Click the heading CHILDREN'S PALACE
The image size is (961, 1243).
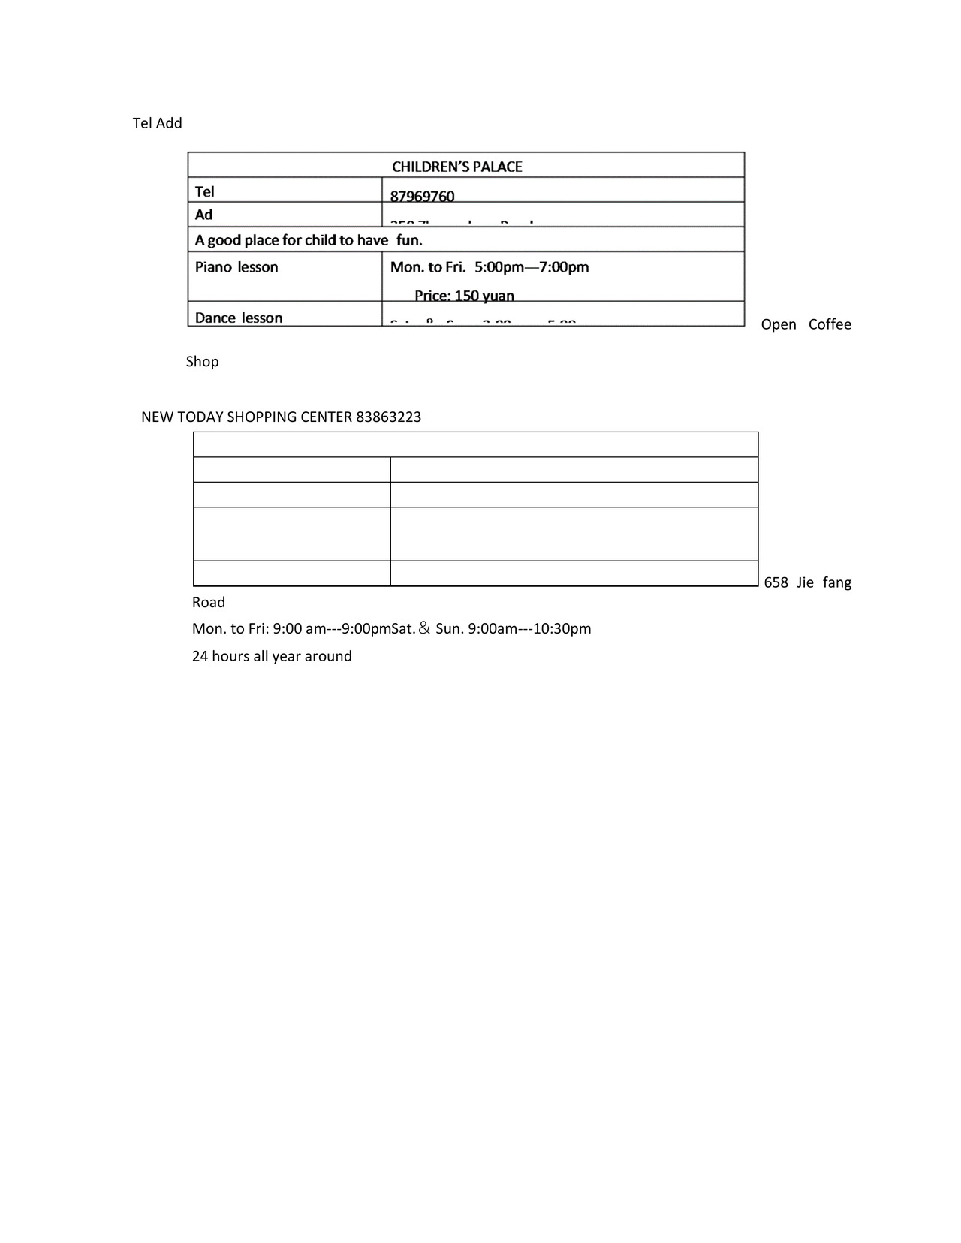456,167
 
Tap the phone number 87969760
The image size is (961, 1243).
422,197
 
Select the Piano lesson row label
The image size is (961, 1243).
236,267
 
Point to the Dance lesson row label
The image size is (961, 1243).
239,318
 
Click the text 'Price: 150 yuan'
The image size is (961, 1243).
464,296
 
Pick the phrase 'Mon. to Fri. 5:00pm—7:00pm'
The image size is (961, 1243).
490,267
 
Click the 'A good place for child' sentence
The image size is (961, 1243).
309,240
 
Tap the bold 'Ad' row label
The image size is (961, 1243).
204,215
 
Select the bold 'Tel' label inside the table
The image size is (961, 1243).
205,191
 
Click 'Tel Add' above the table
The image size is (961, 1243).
158,123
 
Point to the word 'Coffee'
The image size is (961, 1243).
830,324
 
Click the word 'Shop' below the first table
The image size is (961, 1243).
203,362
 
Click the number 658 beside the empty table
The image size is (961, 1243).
776,582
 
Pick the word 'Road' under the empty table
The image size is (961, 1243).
209,603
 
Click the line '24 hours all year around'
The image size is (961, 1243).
272,656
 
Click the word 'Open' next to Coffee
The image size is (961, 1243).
779,324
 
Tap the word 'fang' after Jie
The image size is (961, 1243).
837,582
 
